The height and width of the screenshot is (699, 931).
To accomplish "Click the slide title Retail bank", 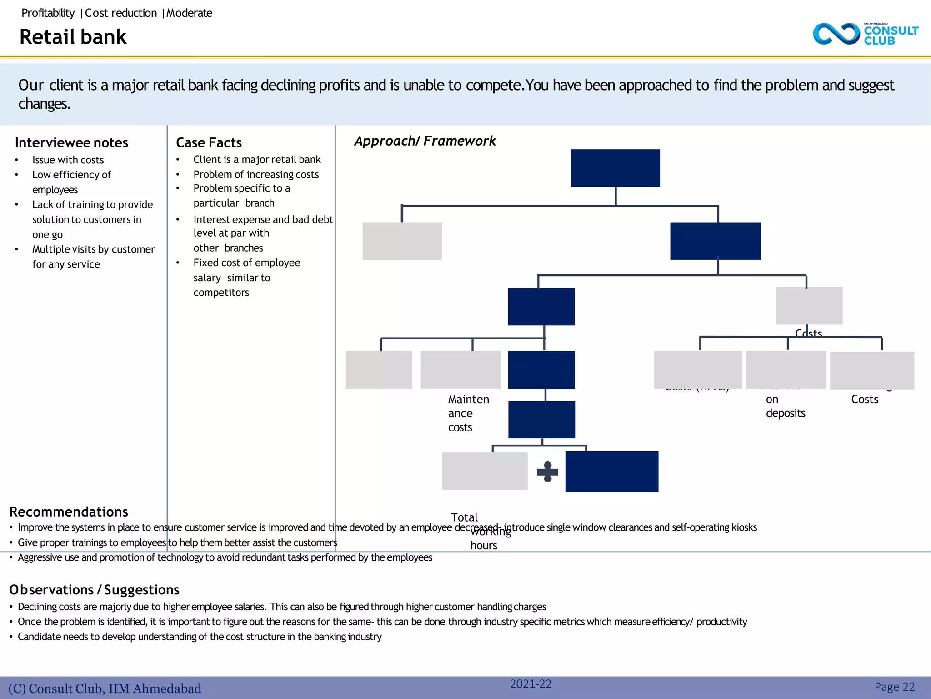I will pyautogui.click(x=73, y=37).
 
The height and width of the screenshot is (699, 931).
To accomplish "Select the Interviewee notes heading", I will pyautogui.click(x=71, y=143).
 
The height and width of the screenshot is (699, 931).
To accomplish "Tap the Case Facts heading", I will pyautogui.click(x=209, y=143).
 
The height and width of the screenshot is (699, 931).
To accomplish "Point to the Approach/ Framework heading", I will pyautogui.click(x=425, y=141).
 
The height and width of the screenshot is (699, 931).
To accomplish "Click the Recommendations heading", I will pyautogui.click(x=69, y=512).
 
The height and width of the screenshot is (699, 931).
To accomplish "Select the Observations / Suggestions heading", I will pyautogui.click(x=95, y=590).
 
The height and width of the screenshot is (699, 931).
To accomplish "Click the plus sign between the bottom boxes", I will pyautogui.click(x=547, y=472).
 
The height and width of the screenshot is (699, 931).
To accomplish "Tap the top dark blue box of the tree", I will pyautogui.click(x=615, y=168).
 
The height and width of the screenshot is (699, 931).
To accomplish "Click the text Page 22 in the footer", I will pyautogui.click(x=894, y=687).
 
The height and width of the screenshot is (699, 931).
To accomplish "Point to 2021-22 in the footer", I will pyautogui.click(x=531, y=684).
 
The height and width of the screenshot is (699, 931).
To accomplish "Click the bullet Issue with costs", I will pyautogui.click(x=68, y=160).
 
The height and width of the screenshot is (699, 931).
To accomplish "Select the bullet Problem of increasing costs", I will pyautogui.click(x=256, y=175).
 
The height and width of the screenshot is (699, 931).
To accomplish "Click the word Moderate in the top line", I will pyautogui.click(x=189, y=13).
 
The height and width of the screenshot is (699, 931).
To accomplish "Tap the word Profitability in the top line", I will pyautogui.click(x=48, y=13).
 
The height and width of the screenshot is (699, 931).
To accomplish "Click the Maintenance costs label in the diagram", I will pyautogui.click(x=468, y=413).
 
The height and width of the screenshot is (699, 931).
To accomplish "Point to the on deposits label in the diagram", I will pyautogui.click(x=785, y=406).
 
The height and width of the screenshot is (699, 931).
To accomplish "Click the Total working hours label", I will pyautogui.click(x=482, y=531).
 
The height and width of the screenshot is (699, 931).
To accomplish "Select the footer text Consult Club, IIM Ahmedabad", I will pyautogui.click(x=105, y=689).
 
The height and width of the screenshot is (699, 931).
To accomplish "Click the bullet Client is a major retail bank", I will pyautogui.click(x=257, y=160).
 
